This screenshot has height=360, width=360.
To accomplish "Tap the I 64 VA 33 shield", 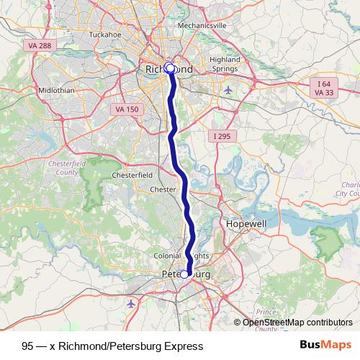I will [x=326, y=88].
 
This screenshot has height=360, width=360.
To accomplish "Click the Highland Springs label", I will [x=224, y=64].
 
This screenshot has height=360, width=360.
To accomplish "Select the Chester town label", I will [x=163, y=189].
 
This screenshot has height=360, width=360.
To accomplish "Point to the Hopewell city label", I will [x=246, y=224].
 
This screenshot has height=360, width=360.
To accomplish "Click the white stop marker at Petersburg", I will [x=184, y=274].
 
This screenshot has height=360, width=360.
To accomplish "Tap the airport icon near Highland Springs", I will [x=229, y=90].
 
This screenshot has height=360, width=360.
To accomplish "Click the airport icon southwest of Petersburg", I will [x=130, y=304].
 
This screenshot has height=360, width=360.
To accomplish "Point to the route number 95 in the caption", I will [x=27, y=346].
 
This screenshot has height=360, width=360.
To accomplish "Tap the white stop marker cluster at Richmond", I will [x=170, y=68].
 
